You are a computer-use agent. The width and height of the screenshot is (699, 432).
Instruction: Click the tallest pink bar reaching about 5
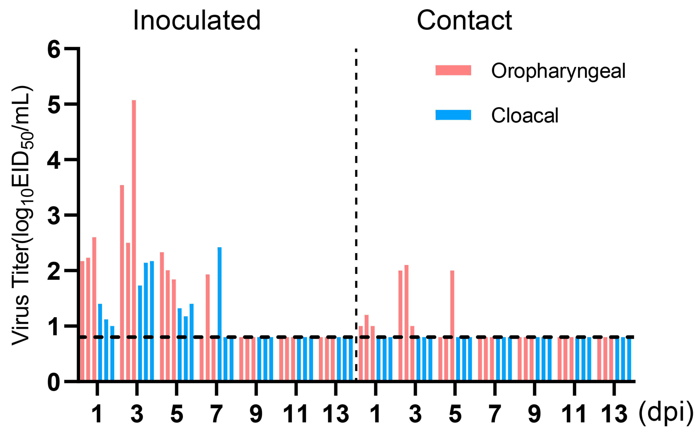134,240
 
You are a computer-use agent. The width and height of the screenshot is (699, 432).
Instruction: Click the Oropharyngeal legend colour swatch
453,70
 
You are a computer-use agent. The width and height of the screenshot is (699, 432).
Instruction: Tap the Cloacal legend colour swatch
453,115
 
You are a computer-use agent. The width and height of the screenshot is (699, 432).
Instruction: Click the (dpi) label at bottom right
665,413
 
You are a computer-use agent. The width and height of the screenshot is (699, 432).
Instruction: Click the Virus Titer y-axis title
22,216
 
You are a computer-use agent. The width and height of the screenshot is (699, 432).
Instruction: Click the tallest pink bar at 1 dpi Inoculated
94,309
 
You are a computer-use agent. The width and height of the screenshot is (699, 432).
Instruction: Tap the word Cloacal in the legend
525,115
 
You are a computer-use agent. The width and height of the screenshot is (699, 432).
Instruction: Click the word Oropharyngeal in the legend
558,71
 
